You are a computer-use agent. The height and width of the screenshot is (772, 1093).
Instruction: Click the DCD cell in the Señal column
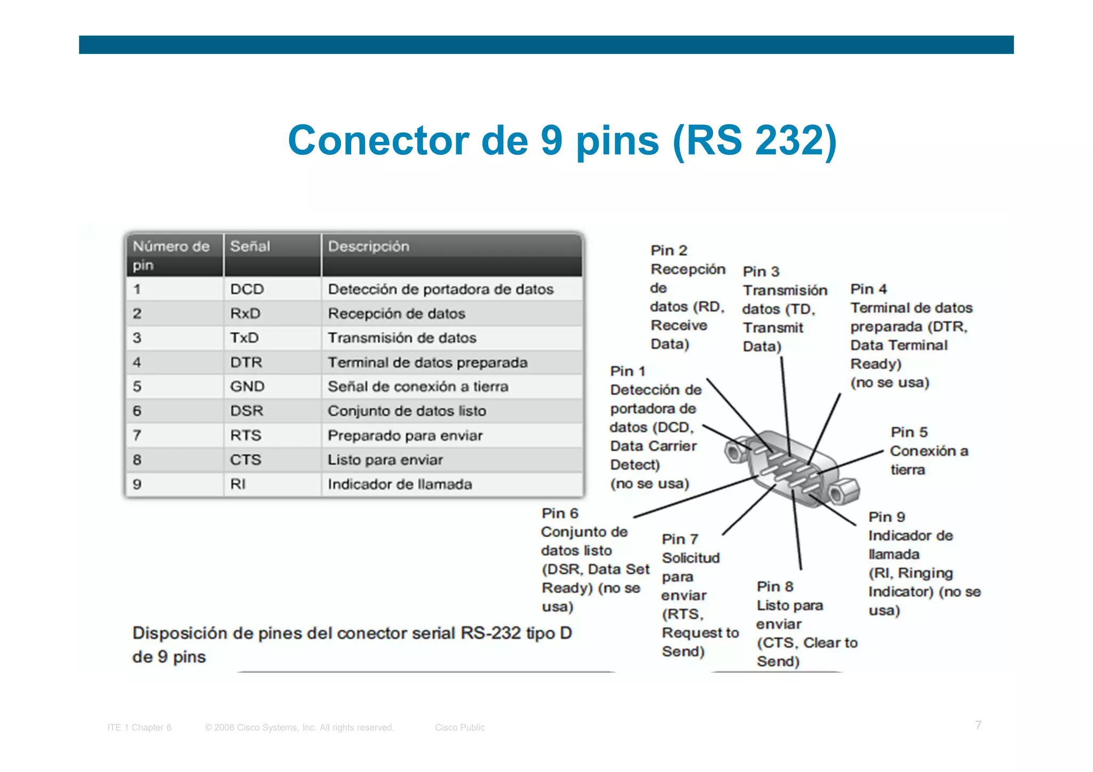coord(247,289)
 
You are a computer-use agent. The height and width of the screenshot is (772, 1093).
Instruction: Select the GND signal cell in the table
coord(247,386)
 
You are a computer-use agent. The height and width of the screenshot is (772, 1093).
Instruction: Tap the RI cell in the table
coord(238,484)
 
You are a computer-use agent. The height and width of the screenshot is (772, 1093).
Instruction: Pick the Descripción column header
coord(368,246)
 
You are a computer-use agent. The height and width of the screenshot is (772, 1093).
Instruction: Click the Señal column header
coord(250,246)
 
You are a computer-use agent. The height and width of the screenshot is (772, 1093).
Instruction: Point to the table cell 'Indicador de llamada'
coord(400,484)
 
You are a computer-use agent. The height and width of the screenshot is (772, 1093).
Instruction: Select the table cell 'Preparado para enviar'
coord(405,435)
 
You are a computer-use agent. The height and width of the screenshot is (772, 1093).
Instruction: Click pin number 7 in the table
coord(137,435)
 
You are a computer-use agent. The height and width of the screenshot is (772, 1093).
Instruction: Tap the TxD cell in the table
coord(244,338)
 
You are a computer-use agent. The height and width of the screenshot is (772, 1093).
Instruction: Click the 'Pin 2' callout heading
coord(669,250)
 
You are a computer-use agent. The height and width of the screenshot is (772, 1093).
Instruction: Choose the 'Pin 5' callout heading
coord(909,432)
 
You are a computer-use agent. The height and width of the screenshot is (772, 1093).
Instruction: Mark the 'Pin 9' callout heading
coord(886,517)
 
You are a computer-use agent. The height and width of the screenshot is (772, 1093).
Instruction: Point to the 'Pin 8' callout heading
coord(775,587)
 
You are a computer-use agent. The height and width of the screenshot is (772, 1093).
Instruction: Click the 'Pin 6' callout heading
coord(560,513)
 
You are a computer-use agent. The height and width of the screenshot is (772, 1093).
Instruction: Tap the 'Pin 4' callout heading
coord(868,289)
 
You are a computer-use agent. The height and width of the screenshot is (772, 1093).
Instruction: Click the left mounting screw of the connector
coord(735,451)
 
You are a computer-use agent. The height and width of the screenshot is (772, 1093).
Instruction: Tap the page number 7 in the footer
coord(978,725)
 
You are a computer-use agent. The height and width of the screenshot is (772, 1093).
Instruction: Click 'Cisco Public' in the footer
coord(460,727)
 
